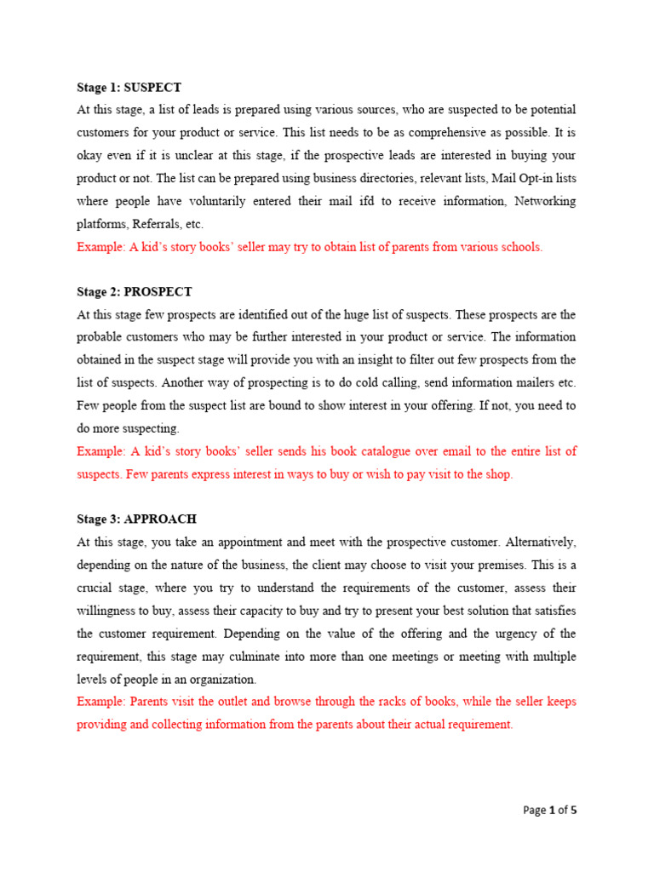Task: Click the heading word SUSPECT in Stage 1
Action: (x=152, y=88)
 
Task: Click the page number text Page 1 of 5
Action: (x=549, y=811)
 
